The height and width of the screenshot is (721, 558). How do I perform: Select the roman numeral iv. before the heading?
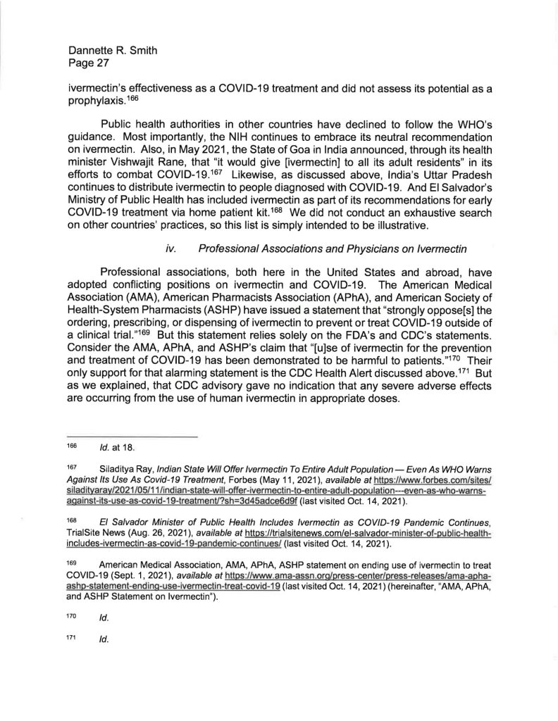(x=170, y=249)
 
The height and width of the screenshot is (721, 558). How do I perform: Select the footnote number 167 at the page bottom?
(x=72, y=467)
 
